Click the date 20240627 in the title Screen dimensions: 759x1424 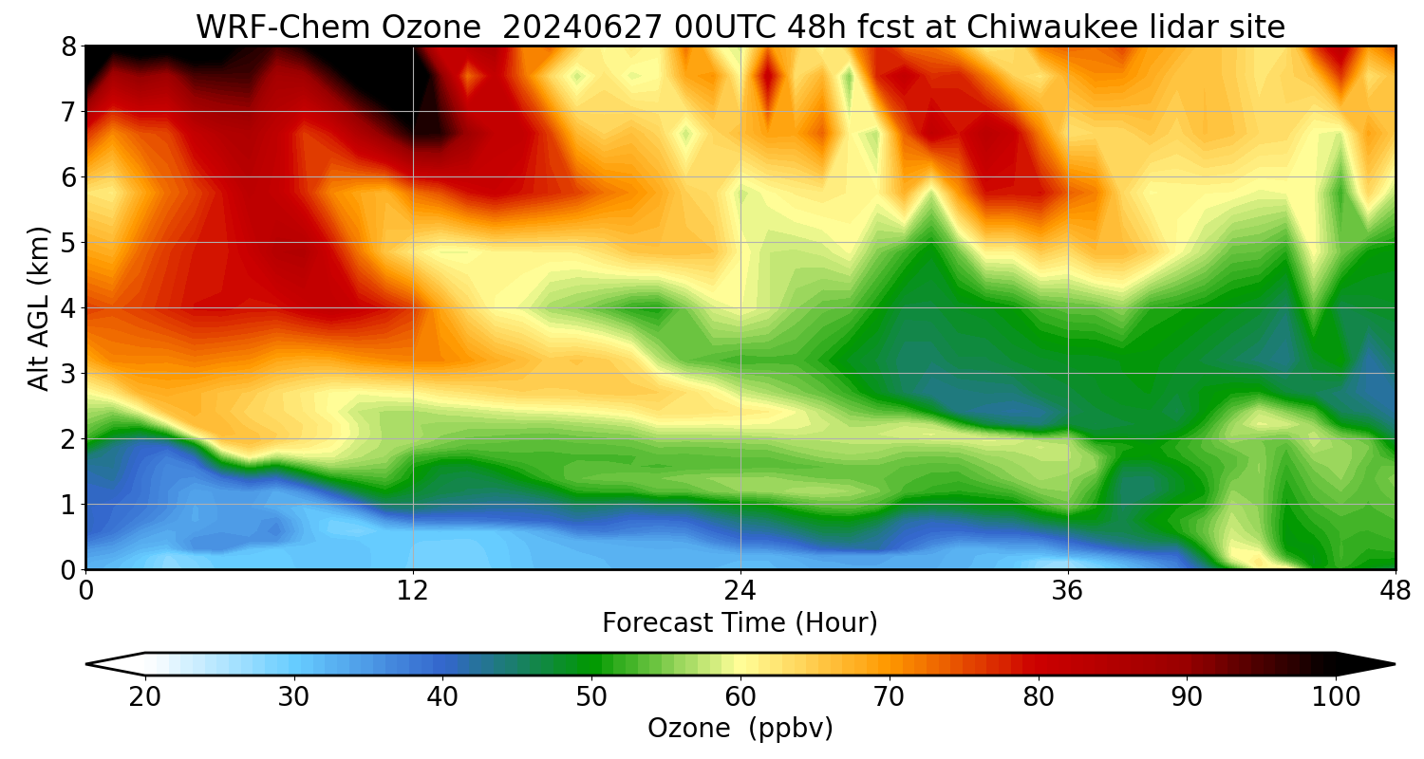point(579,28)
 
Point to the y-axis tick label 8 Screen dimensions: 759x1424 point(68,46)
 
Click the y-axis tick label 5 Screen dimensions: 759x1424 point(68,242)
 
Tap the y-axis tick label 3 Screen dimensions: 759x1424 point(68,373)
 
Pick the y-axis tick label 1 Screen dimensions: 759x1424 point(68,504)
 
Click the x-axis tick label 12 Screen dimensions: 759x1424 point(413,590)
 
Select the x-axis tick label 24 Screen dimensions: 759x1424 point(740,590)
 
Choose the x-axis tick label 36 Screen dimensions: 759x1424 point(1068,590)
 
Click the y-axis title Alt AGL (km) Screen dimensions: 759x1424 point(38,307)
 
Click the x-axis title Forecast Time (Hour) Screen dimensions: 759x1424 point(740,623)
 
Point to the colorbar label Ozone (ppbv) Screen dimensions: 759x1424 point(740,729)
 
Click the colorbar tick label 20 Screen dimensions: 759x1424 point(145,697)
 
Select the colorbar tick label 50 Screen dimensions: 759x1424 point(591,697)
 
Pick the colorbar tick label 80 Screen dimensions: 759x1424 point(1039,697)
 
